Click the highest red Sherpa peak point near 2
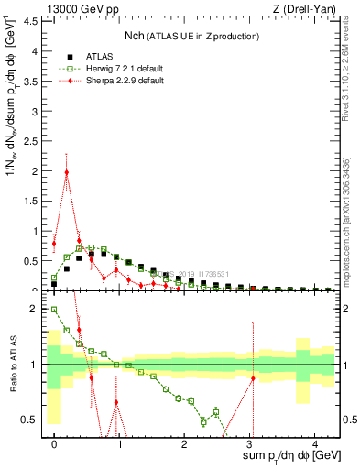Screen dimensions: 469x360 coord(67,172)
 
